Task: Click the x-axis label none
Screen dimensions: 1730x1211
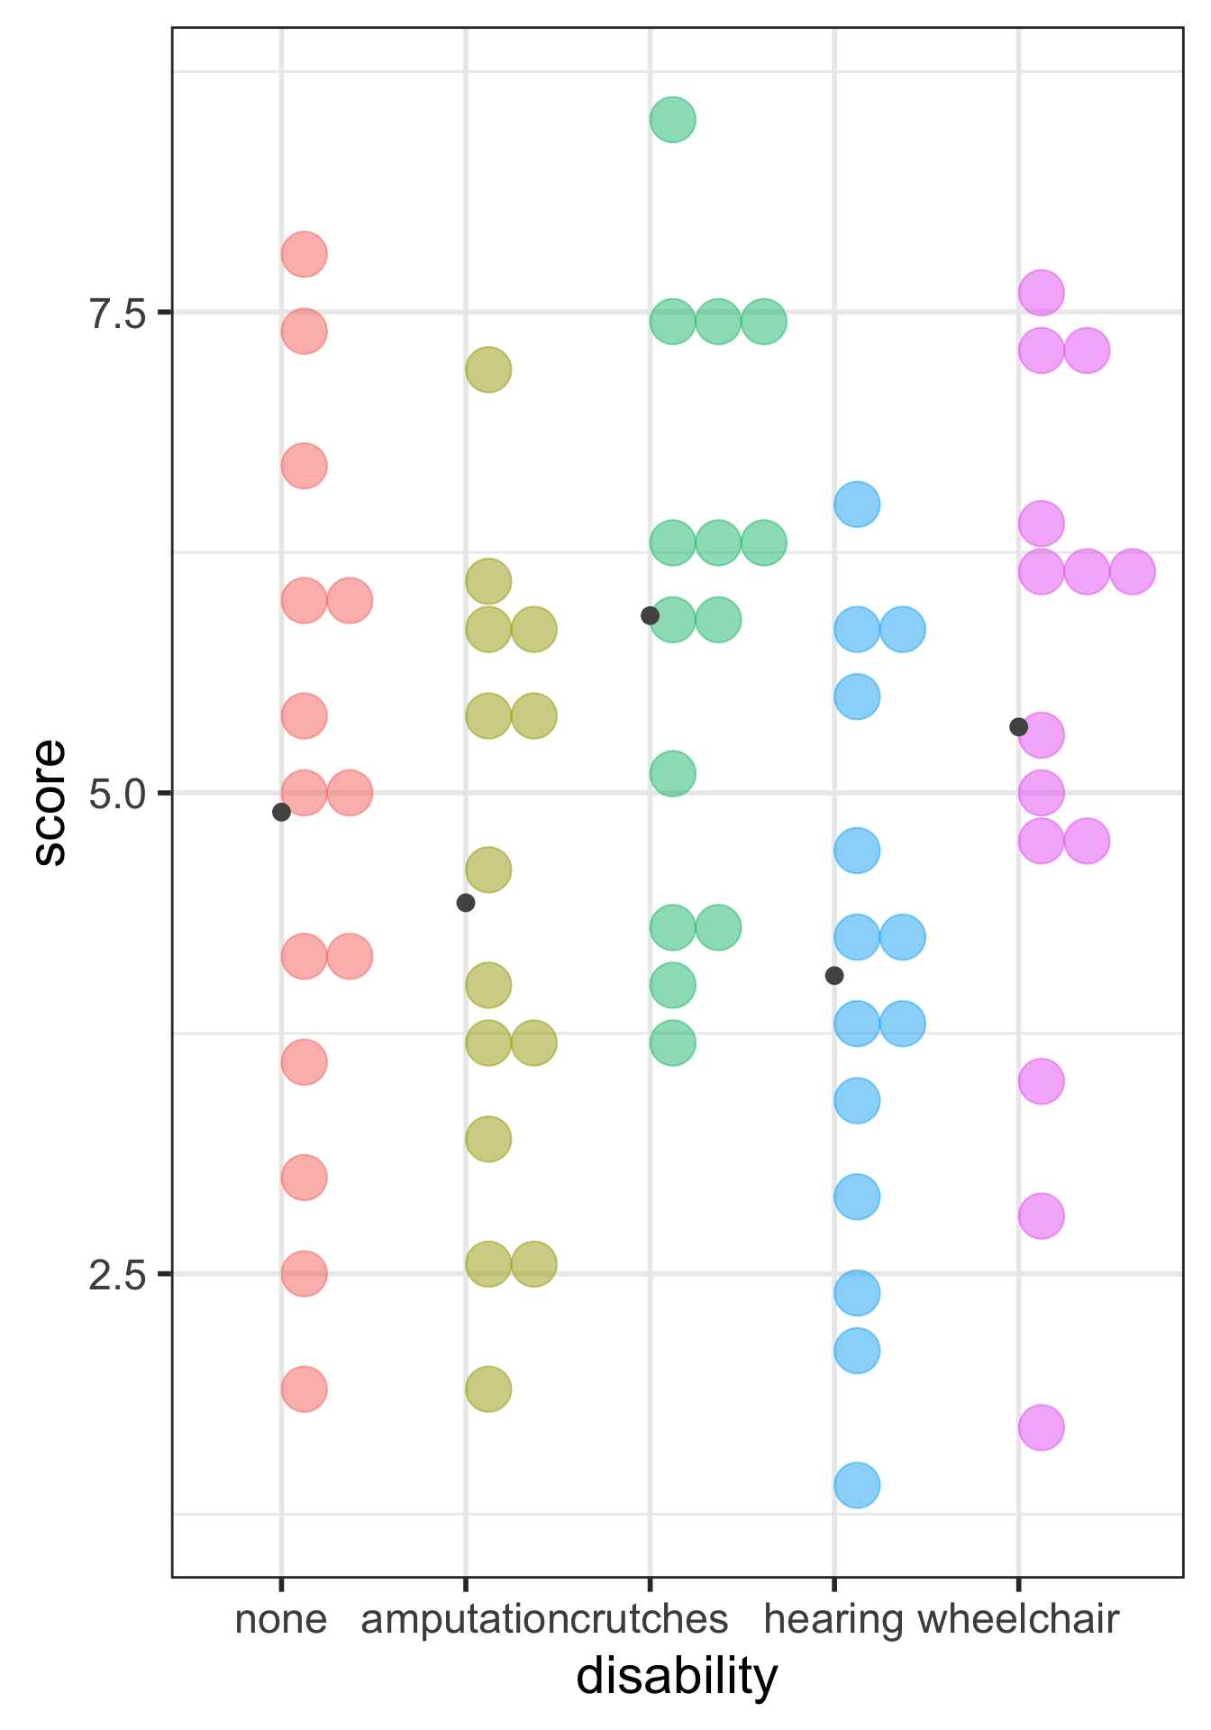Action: pyautogui.click(x=280, y=1619)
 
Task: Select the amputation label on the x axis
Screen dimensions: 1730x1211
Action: pyautogui.click(x=465, y=1619)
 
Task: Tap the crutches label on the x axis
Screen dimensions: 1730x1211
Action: pyautogui.click(x=651, y=1619)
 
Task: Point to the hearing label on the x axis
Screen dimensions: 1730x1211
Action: pyautogui.click(x=833, y=1619)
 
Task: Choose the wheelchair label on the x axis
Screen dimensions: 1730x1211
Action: pyautogui.click(x=1018, y=1619)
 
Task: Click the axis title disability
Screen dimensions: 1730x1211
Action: pyautogui.click(x=676, y=1677)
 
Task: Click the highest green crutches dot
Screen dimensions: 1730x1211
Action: pyautogui.click(x=672, y=119)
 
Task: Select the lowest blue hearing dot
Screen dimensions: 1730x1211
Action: pyautogui.click(x=857, y=1485)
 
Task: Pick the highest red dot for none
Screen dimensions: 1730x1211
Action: pyautogui.click(x=304, y=254)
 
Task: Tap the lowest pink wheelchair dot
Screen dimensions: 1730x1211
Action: pyautogui.click(x=1042, y=1427)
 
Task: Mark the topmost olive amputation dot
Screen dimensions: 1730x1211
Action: pyautogui.click(x=488, y=369)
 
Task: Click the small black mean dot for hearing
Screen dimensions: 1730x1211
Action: pyautogui.click(x=834, y=975)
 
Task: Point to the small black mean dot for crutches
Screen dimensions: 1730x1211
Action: pyautogui.click(x=650, y=616)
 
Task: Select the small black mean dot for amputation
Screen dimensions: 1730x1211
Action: pyautogui.click(x=465, y=903)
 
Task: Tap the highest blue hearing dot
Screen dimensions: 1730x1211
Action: pyautogui.click(x=857, y=504)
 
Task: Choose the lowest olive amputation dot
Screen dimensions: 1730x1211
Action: pyautogui.click(x=488, y=1389)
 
